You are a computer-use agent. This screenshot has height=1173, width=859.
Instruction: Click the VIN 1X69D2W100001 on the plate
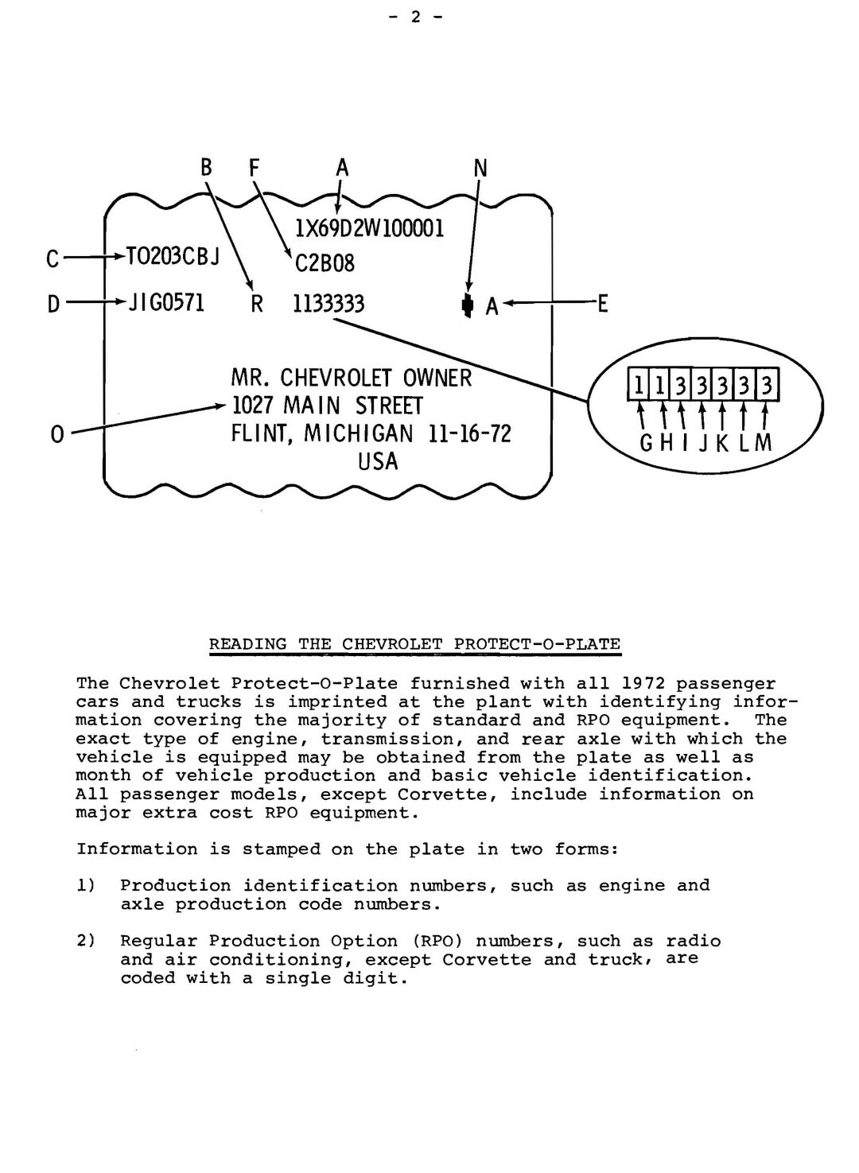click(x=369, y=229)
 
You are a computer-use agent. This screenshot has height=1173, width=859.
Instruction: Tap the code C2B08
click(x=325, y=263)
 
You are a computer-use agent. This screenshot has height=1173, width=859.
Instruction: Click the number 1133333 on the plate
click(x=328, y=304)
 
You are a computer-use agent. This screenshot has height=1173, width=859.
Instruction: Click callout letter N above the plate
click(x=480, y=169)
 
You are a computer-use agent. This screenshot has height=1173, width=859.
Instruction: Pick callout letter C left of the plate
click(x=52, y=259)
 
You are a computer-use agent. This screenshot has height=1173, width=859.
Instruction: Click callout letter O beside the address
click(x=56, y=435)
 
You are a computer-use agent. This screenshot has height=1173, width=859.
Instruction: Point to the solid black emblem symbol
click(x=468, y=305)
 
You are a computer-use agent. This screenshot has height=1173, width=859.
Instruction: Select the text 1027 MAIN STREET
click(x=327, y=406)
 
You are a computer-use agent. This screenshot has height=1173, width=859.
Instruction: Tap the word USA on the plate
click(x=379, y=462)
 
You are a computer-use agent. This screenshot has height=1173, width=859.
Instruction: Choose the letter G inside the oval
click(x=647, y=443)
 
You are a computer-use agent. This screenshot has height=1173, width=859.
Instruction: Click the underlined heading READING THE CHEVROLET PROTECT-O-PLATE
click(x=414, y=644)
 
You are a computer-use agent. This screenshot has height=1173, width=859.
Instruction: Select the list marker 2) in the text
click(x=86, y=942)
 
